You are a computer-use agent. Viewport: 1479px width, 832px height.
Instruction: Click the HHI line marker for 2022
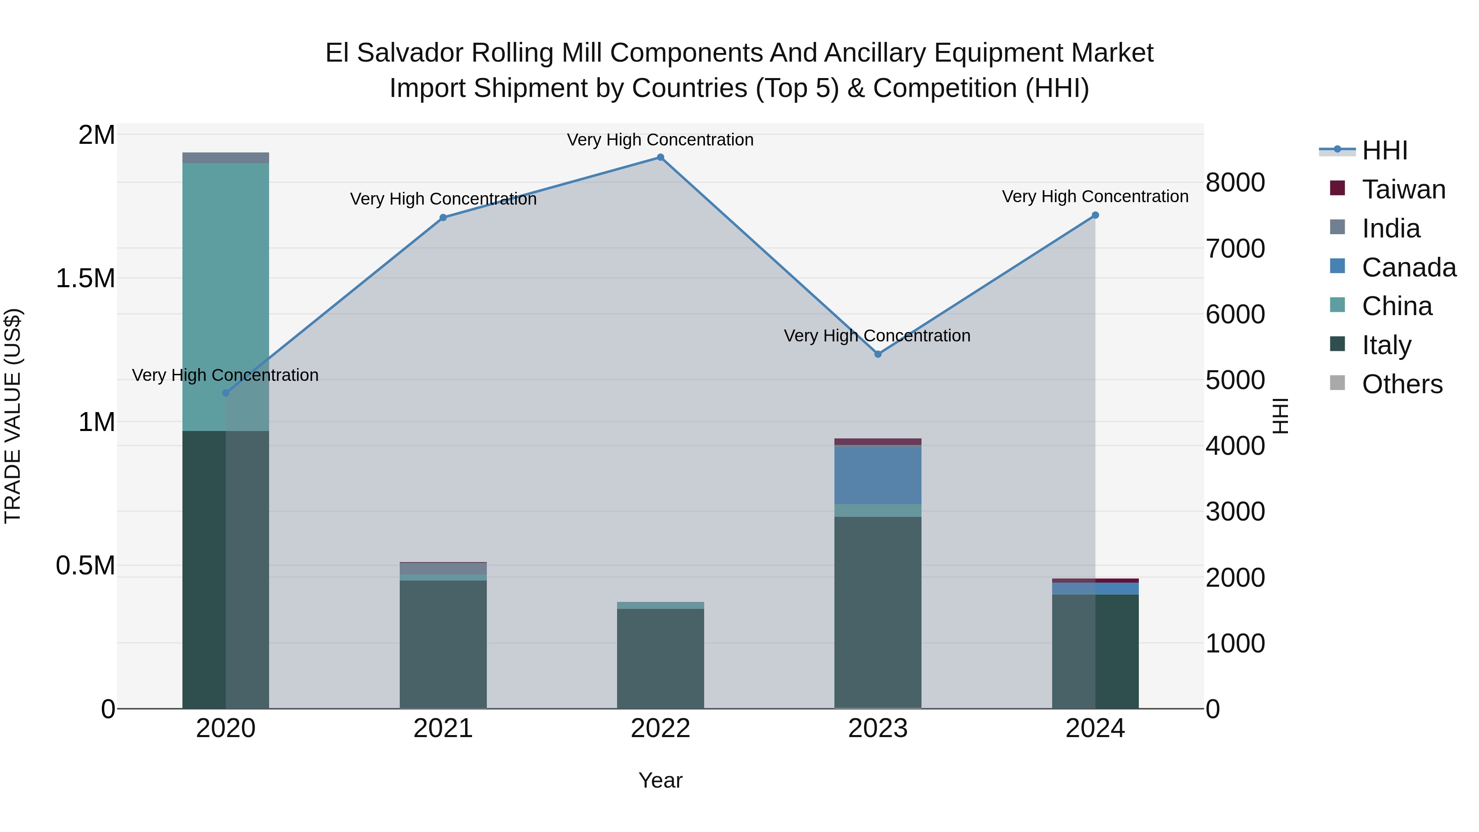660,157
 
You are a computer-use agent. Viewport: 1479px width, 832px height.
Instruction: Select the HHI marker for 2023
877,354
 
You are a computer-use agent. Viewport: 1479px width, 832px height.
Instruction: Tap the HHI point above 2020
226,393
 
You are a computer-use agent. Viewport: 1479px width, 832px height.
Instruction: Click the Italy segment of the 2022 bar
660,658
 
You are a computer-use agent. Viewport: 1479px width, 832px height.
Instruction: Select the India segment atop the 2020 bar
226,158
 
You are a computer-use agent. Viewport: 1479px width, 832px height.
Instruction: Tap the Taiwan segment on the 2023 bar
877,442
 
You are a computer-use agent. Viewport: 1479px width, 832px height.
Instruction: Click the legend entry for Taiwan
1403,189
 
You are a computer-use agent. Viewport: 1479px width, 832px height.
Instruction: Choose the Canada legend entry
1408,267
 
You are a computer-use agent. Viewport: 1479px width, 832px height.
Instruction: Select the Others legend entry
1401,384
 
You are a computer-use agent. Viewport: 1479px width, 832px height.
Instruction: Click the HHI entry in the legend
1384,150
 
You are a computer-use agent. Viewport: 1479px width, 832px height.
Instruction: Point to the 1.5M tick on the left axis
85,279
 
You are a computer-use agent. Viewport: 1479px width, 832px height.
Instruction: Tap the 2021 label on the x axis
442,728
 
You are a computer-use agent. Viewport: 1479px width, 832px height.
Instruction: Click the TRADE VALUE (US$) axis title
13,416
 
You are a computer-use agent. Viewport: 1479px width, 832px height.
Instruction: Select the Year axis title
660,780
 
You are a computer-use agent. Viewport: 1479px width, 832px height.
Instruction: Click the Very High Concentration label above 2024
1095,197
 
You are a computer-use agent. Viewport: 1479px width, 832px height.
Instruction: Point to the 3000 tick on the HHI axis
1235,512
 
